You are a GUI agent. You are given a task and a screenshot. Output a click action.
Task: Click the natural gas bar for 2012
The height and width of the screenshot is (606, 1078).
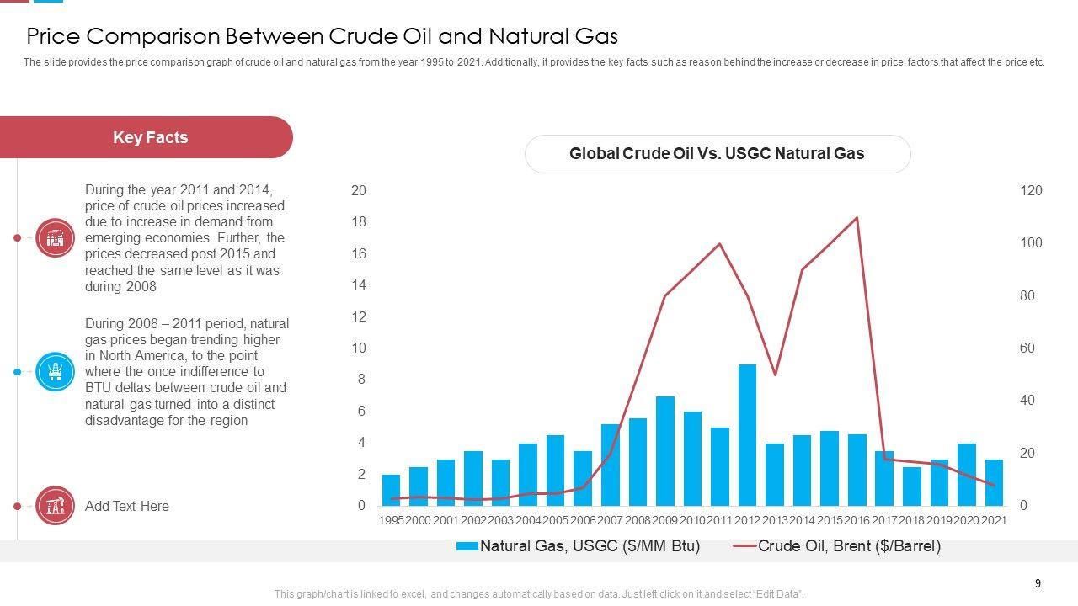click(x=747, y=435)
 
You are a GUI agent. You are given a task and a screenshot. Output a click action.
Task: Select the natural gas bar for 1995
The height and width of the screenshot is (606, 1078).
click(x=391, y=490)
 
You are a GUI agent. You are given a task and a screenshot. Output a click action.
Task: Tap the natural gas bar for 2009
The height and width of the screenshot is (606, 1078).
click(x=665, y=451)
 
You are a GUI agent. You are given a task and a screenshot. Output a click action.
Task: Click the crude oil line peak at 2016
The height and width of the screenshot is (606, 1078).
click(x=857, y=218)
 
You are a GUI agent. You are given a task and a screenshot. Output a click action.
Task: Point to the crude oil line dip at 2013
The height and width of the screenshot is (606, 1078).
click(x=775, y=375)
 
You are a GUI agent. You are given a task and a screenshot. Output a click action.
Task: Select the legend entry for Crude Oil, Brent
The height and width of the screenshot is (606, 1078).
click(x=837, y=546)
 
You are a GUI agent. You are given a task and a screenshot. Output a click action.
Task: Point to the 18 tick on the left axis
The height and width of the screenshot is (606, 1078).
click(x=359, y=222)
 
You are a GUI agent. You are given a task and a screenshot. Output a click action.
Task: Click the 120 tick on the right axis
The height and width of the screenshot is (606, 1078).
click(x=1031, y=191)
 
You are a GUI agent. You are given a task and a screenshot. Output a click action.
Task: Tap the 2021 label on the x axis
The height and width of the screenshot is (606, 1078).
click(x=994, y=521)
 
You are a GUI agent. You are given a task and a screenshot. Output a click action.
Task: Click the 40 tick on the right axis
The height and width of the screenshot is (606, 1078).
click(x=1027, y=401)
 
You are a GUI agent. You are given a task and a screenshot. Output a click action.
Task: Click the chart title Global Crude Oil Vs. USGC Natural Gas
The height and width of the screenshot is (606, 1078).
click(x=717, y=154)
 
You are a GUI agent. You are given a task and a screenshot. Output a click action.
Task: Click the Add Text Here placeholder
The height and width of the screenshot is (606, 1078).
click(x=127, y=506)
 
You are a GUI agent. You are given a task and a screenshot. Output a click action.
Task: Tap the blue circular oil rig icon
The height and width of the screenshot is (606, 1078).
click(x=56, y=372)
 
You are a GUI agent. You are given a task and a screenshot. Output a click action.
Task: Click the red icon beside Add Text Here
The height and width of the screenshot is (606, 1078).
click(x=56, y=506)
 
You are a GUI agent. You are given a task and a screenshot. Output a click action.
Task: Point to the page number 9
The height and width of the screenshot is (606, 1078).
click(x=1038, y=583)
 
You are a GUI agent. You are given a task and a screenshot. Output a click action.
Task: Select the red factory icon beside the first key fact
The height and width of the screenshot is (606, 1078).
click(x=56, y=238)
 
